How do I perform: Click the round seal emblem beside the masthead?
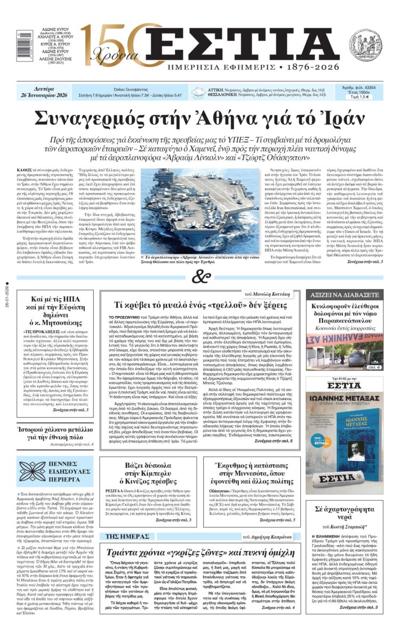[x=365, y=45]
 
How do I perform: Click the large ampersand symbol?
[x=200, y=277]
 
